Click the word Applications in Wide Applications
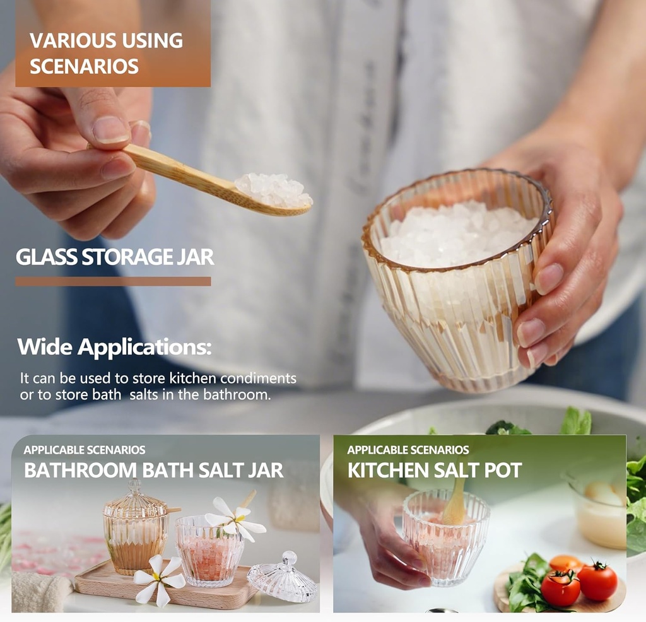pyautogui.click(x=144, y=347)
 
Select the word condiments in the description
pyautogui.click(x=258, y=378)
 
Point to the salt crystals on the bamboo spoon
pyautogui.click(x=274, y=190)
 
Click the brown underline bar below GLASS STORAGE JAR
pyautogui.click(x=114, y=281)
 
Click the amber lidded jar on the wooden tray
pyautogui.click(x=135, y=528)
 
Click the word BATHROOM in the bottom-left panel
pyautogui.click(x=80, y=471)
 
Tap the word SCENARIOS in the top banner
pyautogui.click(x=84, y=67)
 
